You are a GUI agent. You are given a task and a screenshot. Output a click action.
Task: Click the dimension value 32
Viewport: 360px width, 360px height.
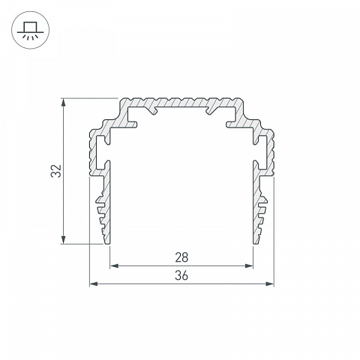(56, 171)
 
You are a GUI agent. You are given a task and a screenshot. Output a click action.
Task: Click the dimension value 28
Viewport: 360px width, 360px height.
(181, 257)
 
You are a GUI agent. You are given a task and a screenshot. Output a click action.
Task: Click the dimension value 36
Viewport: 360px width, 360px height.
(181, 276)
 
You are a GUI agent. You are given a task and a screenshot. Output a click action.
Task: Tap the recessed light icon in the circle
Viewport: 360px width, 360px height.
(31, 30)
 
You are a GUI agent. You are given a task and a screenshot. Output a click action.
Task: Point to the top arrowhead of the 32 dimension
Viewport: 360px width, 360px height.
(64, 103)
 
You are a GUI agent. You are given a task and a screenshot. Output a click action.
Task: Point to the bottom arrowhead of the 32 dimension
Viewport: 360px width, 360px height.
(64, 239)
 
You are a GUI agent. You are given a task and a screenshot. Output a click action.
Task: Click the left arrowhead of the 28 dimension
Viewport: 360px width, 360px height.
(114, 265)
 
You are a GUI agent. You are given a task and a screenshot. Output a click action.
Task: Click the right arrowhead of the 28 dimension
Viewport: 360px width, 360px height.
(249, 265)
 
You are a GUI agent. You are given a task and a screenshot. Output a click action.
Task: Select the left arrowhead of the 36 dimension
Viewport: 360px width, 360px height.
(94, 283)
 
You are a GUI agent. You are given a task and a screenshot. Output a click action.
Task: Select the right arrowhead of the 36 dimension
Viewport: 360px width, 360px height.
(269, 283)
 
